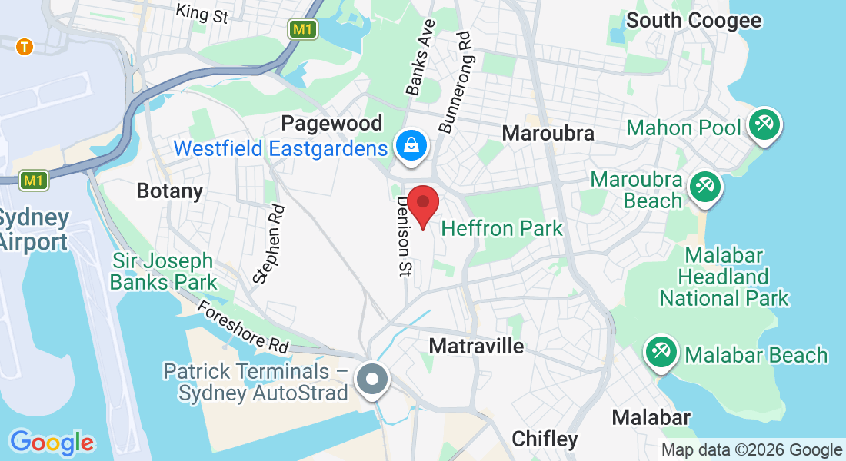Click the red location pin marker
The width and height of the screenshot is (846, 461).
(422, 204)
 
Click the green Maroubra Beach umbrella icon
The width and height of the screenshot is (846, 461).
(704, 187)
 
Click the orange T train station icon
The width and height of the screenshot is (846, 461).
(25, 47)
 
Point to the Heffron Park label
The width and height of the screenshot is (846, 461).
(501, 228)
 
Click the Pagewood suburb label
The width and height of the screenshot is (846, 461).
(331, 123)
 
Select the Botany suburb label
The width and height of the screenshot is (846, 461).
(169, 191)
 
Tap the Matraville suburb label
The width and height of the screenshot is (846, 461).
(476, 346)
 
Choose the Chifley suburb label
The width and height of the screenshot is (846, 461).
(545, 439)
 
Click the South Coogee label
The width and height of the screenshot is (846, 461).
(694, 20)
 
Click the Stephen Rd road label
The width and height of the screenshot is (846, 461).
(270, 244)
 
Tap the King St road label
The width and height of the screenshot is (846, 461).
(202, 12)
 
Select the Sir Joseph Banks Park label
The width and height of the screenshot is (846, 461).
(163, 271)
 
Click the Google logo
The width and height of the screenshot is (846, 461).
(52, 443)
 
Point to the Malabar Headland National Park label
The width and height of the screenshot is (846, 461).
(724, 277)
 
